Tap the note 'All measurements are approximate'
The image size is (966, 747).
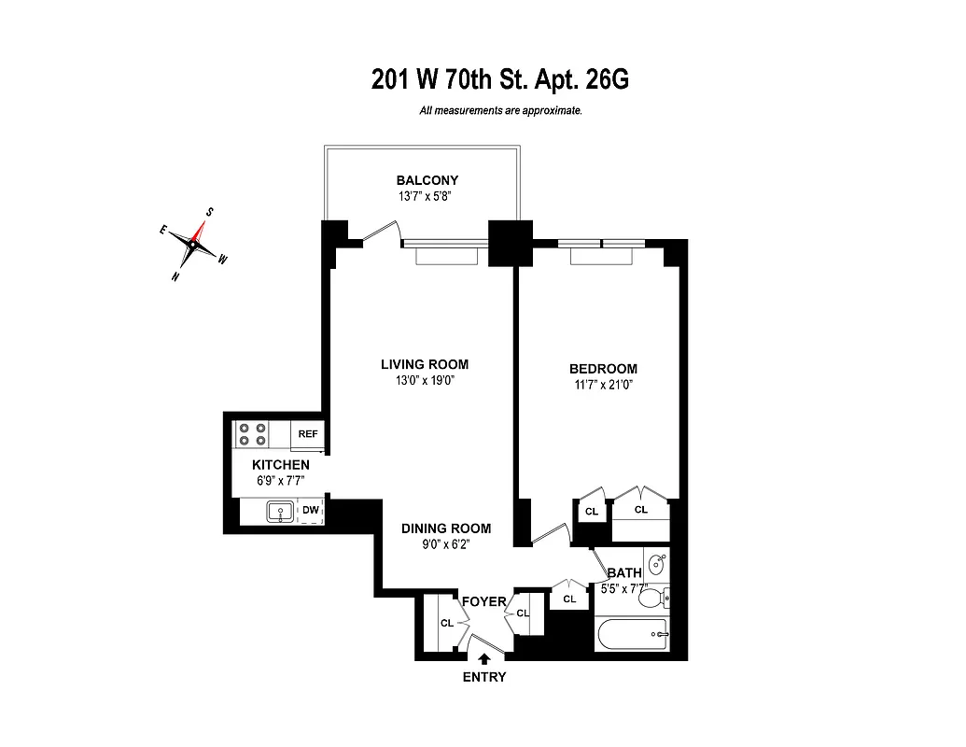coord(501,110)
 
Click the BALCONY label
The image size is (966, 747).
coord(427,180)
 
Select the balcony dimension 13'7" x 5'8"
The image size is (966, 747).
coord(426,196)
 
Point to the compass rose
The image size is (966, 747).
coord(194,244)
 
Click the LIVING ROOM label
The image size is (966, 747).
coord(424,364)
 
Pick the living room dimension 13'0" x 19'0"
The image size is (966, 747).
coord(424,380)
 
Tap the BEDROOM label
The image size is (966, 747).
coord(603,369)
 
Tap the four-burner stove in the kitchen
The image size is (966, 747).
coord(253,434)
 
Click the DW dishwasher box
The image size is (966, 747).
coord(310,511)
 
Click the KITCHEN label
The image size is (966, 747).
coord(281,464)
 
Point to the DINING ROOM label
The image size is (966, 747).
coord(445,529)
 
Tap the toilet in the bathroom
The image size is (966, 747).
coord(653,598)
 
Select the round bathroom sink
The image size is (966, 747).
coord(657,564)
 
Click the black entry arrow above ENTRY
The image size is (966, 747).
coord(483,659)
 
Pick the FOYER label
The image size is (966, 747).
coord(483,601)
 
